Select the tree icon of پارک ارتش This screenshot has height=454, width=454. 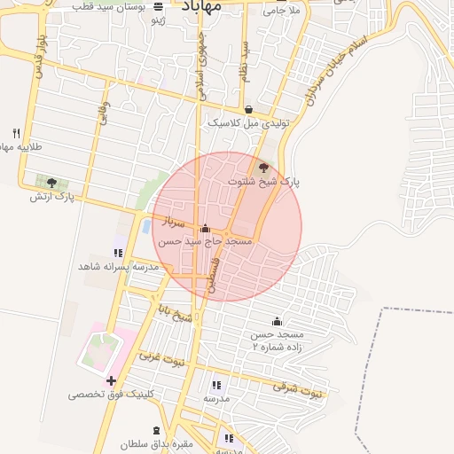tap(51, 183)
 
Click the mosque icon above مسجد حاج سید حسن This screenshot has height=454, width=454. tap(206, 228)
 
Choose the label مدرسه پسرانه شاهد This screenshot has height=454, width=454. tap(118, 266)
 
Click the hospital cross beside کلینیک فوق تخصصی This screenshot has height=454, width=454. tap(111, 381)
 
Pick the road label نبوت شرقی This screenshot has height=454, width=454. tap(296, 387)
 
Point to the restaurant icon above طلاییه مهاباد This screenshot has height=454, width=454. tap(16, 133)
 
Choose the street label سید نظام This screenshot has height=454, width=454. tap(246, 62)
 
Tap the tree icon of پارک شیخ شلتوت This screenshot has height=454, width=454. tap(263, 166)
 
